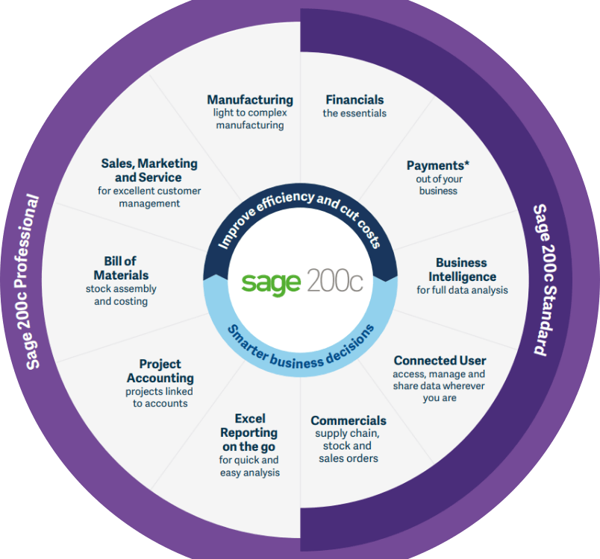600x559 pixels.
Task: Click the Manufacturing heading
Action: click(250, 100)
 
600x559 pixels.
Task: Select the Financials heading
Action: click(354, 100)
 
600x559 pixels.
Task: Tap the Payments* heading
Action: click(438, 165)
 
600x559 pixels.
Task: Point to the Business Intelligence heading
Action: click(462, 270)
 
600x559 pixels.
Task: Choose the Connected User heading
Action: click(440, 360)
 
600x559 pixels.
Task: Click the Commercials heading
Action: click(349, 420)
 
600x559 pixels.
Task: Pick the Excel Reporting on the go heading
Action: click(249, 432)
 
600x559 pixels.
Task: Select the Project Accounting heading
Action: click(160, 371)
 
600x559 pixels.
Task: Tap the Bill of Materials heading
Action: click(121, 268)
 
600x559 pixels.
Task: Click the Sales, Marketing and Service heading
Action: click(149, 171)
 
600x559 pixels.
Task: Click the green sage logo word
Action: click(271, 282)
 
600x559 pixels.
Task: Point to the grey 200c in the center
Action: click(334, 280)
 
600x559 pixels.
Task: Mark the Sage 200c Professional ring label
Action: click(27, 282)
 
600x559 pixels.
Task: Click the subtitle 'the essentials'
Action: click(354, 113)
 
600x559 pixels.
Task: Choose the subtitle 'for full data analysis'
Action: click(462, 291)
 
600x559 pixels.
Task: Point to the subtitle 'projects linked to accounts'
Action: click(160, 397)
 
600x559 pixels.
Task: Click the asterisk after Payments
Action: click(467, 163)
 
